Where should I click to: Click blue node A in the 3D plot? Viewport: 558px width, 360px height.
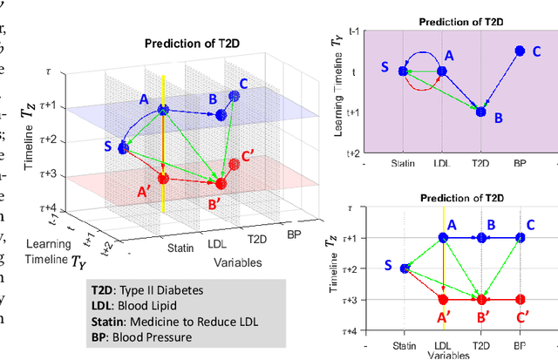tap(163, 110)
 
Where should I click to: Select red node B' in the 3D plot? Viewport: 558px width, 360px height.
tap(221, 183)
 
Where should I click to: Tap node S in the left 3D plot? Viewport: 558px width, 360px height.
tap(123, 149)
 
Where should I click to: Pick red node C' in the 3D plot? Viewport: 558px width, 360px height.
tap(234, 164)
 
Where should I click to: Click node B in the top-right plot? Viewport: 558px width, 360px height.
tap(480, 112)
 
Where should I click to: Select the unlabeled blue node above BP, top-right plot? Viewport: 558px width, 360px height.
tap(520, 51)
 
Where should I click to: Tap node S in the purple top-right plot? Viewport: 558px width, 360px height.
tap(403, 71)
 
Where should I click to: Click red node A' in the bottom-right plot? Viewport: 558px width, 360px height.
tap(443, 299)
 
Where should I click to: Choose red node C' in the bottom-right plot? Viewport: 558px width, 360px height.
tap(520, 299)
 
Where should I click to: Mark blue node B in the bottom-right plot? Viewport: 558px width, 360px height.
tap(481, 236)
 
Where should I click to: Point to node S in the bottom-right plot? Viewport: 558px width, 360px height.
tap(405, 268)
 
